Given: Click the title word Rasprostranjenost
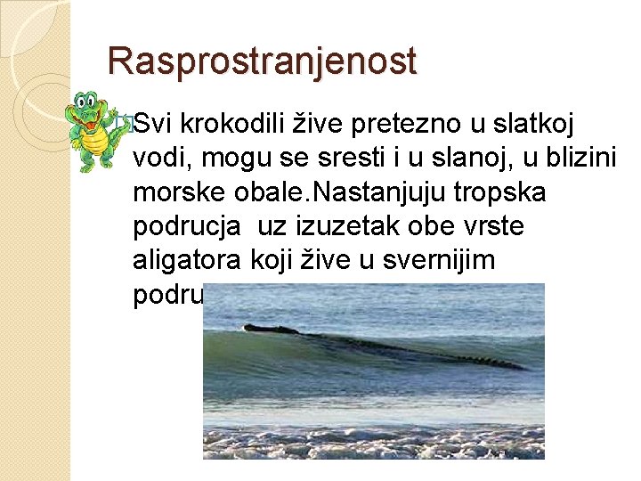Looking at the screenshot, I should tap(262, 61).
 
